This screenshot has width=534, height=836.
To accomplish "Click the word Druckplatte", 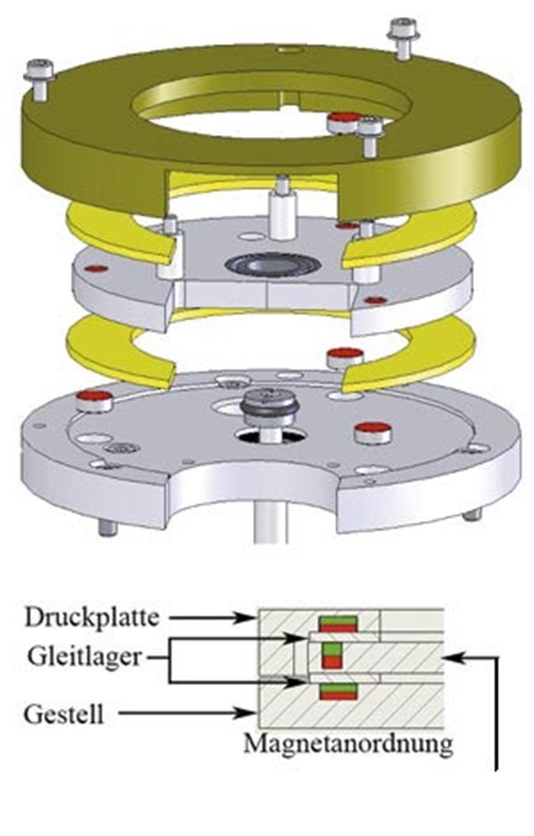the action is [x=92, y=618].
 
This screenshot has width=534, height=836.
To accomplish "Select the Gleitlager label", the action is [x=84, y=656].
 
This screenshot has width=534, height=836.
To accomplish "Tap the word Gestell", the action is [x=64, y=714].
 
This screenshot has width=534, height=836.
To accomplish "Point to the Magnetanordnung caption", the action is [x=349, y=743].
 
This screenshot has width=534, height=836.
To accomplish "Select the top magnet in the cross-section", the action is [x=337, y=624].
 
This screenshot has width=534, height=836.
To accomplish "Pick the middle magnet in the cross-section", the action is [x=332, y=655].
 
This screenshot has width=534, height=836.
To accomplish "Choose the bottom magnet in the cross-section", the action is [x=337, y=692].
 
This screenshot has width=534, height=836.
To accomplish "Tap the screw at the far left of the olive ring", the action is [x=39, y=79].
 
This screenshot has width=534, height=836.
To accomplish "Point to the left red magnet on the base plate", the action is [x=96, y=400].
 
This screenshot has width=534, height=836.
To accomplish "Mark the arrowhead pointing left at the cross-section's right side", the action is [x=452, y=658].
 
